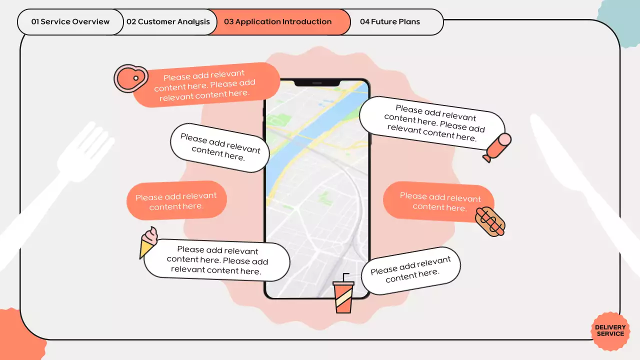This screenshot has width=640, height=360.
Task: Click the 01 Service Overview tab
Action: click(70, 22)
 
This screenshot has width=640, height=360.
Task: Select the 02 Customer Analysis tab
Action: click(168, 22)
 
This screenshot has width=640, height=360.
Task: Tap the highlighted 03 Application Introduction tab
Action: click(278, 22)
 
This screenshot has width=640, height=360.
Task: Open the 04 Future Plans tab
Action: click(390, 22)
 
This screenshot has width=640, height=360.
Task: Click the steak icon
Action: click(130, 78)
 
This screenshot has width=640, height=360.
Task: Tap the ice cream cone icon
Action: click(148, 241)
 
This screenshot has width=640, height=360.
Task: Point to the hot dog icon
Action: click(490, 221)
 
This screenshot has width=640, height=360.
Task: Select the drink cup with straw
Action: click(343, 295)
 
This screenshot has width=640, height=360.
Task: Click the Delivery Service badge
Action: click(610, 330)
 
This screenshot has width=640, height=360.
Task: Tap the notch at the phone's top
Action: click(317, 82)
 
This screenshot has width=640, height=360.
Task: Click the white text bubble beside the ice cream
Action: click(217, 260)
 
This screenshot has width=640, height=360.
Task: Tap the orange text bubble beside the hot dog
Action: click(435, 201)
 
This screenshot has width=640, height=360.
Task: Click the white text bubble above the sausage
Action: click(432, 122)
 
